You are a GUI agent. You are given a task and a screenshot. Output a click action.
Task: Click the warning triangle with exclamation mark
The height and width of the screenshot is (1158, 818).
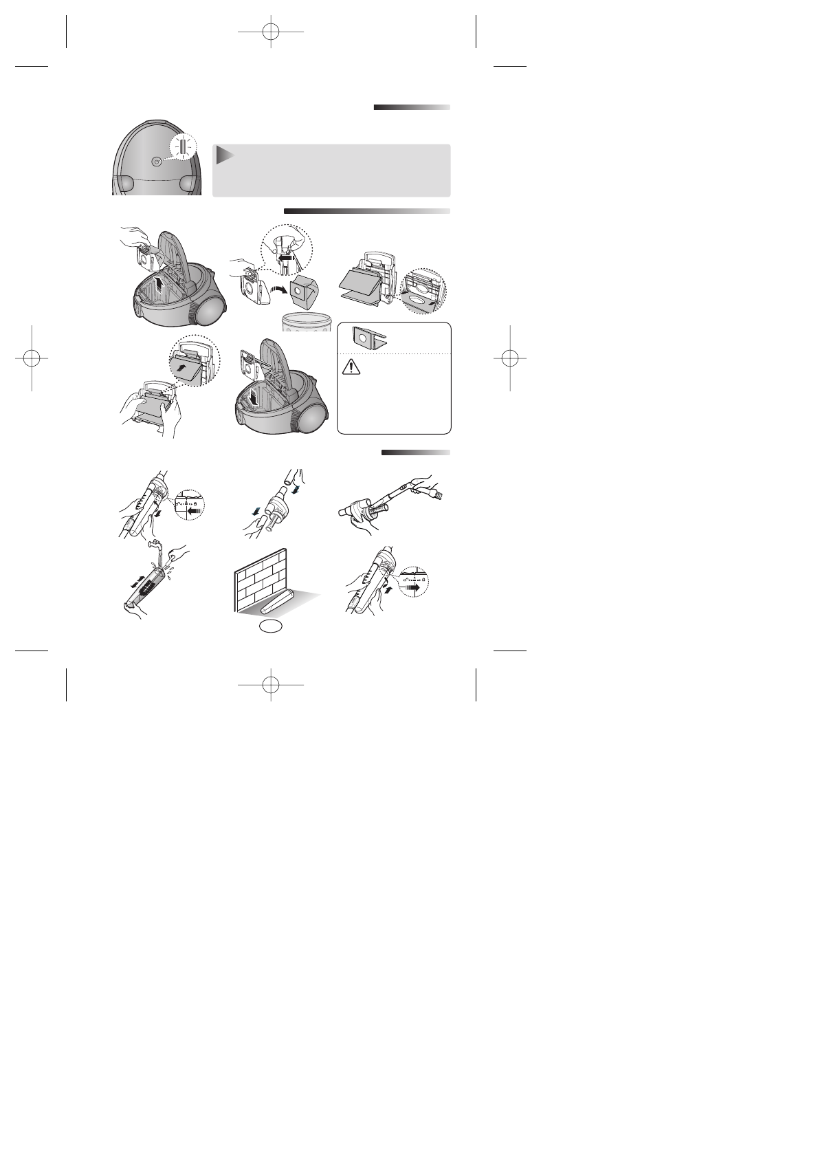(351, 369)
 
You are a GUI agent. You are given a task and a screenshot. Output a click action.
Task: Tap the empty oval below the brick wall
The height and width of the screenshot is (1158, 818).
(271, 626)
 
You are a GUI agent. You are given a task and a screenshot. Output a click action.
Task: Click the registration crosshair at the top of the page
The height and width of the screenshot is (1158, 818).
(271, 32)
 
